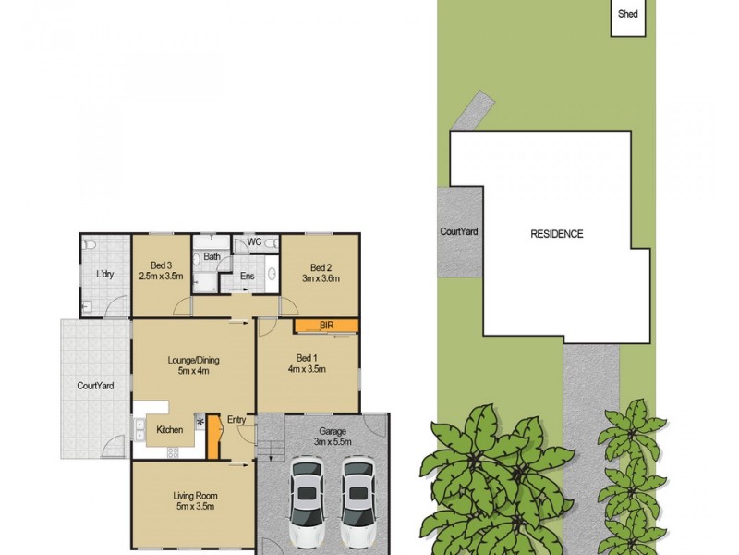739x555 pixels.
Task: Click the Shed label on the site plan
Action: point(627,14)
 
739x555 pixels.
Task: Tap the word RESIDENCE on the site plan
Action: point(556,234)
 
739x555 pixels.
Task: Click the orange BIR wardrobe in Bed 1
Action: point(326,326)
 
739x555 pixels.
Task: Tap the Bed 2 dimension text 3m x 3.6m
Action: point(321,278)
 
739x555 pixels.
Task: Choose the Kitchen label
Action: point(170,429)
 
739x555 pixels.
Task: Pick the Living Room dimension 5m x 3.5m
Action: point(193,507)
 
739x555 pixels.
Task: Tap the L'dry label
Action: point(104,274)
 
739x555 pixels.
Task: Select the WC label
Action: point(255,242)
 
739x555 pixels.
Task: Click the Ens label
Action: point(248,276)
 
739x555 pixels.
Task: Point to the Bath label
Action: point(212,257)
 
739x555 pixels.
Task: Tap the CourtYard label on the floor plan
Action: point(95,386)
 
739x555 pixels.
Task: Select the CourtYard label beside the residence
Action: point(459,231)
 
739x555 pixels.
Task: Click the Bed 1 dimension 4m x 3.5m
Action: point(308,370)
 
